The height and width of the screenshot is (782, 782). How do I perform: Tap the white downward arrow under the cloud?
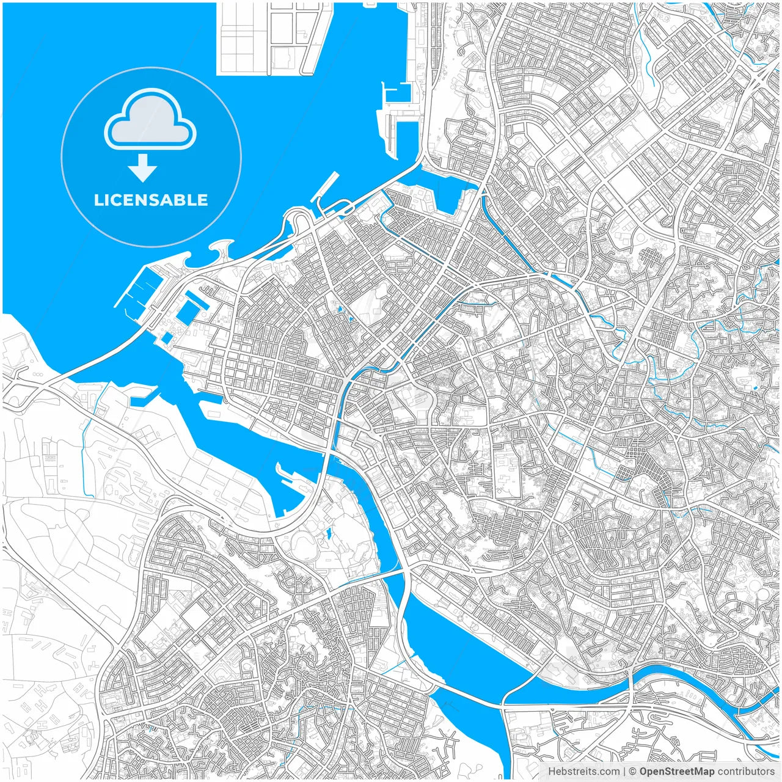(144, 168)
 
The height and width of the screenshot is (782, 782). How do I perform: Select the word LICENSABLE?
(151, 200)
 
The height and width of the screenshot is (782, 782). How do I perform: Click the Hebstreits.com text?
(583, 772)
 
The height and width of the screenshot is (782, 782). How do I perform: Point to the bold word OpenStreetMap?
(676, 772)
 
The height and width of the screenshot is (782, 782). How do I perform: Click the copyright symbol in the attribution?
(633, 772)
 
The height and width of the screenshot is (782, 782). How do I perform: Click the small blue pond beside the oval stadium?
(329, 534)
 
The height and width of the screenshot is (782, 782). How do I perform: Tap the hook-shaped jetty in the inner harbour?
(287, 477)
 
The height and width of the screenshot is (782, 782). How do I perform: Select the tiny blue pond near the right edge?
(756, 387)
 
